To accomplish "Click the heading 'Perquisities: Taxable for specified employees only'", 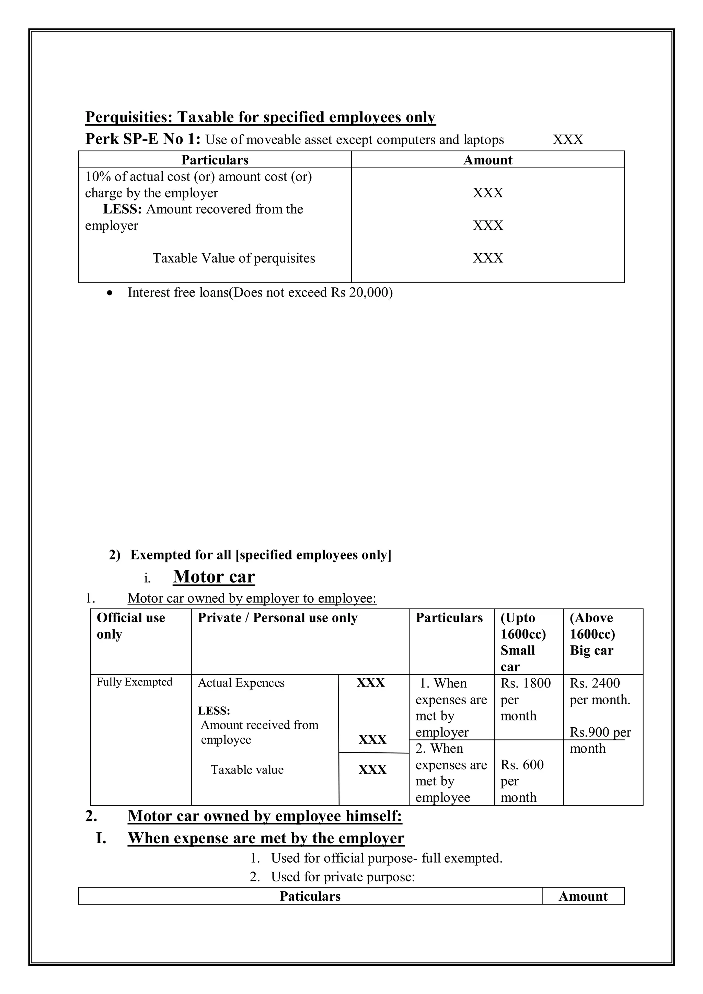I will pyautogui.click(x=260, y=117).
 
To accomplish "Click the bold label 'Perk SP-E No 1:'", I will pyautogui.click(x=143, y=139).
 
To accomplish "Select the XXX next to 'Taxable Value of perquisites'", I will pyautogui.click(x=487, y=258).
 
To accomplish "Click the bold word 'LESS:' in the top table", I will pyautogui.click(x=123, y=209).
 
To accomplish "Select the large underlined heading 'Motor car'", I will pyautogui.click(x=214, y=576).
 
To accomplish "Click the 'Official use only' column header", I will pyautogui.click(x=131, y=626).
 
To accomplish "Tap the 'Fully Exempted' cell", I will pyautogui.click(x=134, y=682).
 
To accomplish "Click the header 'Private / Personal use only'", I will pyautogui.click(x=277, y=618).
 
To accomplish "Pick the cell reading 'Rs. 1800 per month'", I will pyautogui.click(x=525, y=699).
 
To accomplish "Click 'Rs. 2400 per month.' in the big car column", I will pyautogui.click(x=600, y=691).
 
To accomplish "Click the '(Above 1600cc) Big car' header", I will pyautogui.click(x=592, y=634).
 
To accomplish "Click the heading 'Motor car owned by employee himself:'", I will pyautogui.click(x=265, y=816).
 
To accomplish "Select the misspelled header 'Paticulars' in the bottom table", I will pyautogui.click(x=310, y=896).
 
